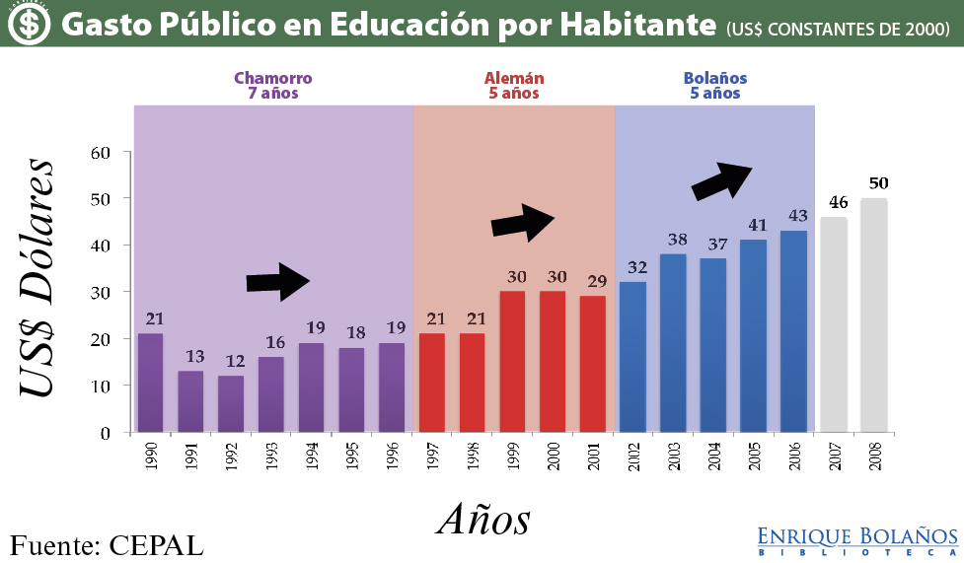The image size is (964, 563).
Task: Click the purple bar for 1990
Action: tap(151, 383)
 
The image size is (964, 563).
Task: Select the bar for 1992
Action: tap(231, 403)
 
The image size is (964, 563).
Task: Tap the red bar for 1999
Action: tap(512, 361)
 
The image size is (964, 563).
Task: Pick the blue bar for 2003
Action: tap(673, 342)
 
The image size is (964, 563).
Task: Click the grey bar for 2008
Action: tap(874, 315)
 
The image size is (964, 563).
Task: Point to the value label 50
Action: tap(878, 183)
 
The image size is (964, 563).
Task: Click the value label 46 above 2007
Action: tap(838, 202)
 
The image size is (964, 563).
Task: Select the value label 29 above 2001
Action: tap(596, 281)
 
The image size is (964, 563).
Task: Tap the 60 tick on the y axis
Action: tap(101, 152)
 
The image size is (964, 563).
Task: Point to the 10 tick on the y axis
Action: tap(101, 386)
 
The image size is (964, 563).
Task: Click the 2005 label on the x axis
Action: tap(754, 458)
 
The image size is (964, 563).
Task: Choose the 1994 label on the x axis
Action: tap(311, 458)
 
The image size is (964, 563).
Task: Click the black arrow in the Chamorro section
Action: tap(277, 282)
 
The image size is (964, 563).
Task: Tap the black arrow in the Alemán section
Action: tap(524, 222)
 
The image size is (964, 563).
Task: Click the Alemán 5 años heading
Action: tap(513, 86)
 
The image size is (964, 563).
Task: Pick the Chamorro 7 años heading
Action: tap(272, 86)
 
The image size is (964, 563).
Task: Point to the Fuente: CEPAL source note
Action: tap(107, 544)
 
